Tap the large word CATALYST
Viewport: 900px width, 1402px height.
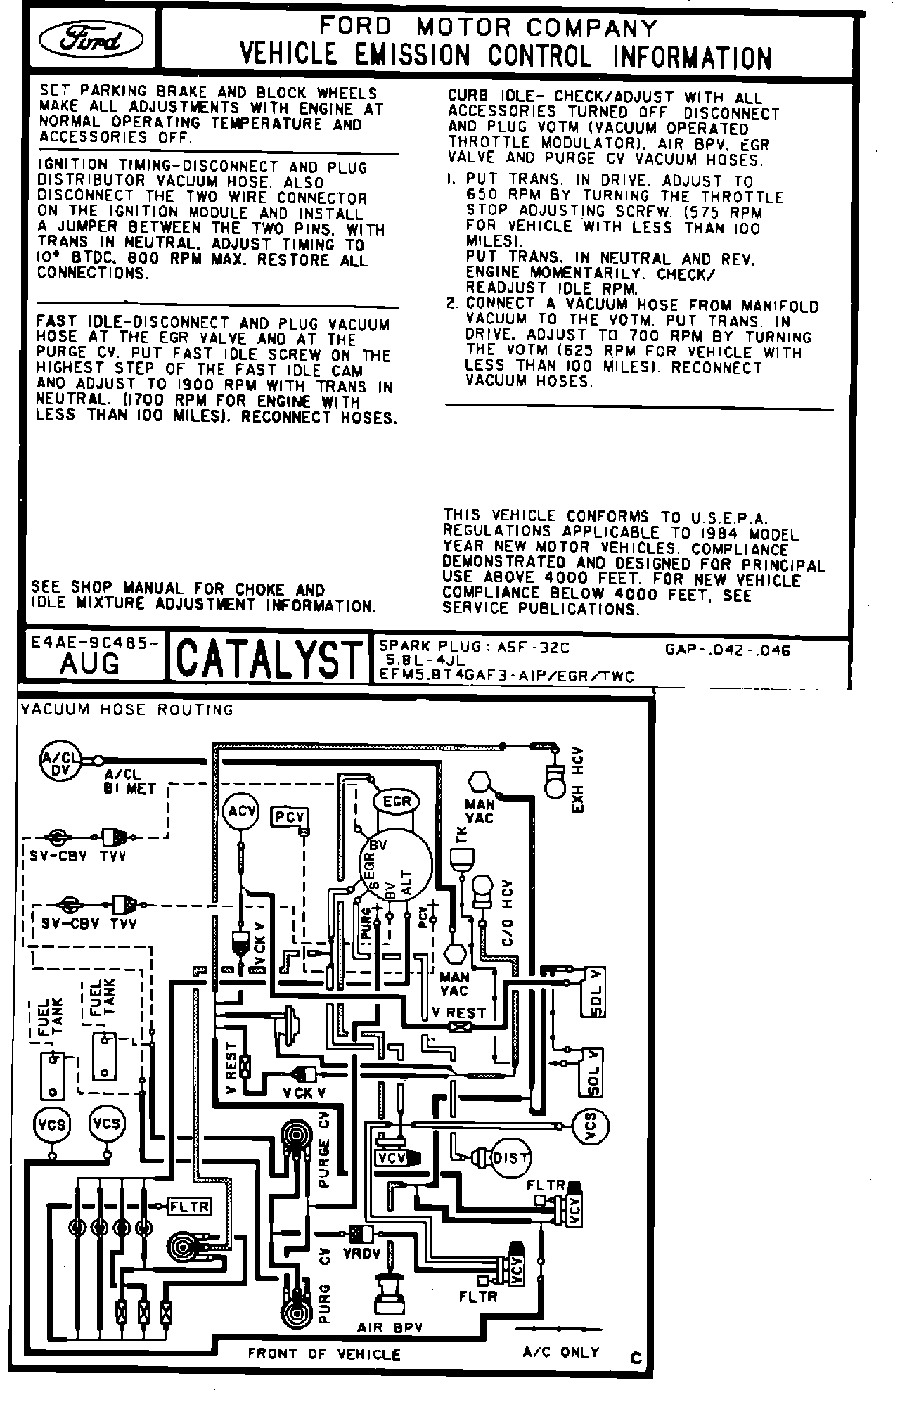point(267,660)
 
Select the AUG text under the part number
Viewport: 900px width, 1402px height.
point(90,664)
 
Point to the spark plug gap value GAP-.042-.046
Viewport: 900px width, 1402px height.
point(727,650)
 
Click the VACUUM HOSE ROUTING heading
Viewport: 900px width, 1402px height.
point(127,709)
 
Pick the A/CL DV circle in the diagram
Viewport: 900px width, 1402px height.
point(60,761)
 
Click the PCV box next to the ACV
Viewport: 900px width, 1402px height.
point(289,817)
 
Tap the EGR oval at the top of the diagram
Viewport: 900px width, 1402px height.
point(396,802)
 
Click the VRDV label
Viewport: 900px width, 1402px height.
point(363,1253)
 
